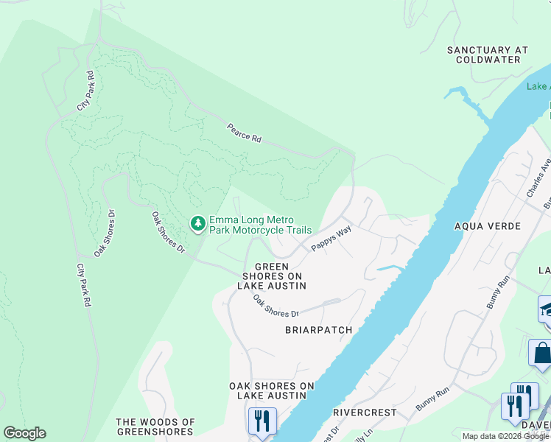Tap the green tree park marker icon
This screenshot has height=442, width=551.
pyautogui.click(x=197, y=223)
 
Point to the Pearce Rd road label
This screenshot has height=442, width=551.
pyautogui.click(x=244, y=133)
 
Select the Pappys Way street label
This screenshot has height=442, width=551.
pyautogui.click(x=331, y=239)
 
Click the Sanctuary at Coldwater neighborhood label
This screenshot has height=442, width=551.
pyautogui.click(x=488, y=55)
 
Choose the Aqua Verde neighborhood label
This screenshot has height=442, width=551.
pyautogui.click(x=488, y=226)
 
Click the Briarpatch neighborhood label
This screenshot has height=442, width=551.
pyautogui.click(x=318, y=330)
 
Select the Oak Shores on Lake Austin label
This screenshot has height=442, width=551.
pyautogui.click(x=272, y=390)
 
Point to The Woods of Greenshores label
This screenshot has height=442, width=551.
pyautogui.click(x=155, y=427)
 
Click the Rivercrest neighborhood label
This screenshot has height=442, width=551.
pyautogui.click(x=365, y=413)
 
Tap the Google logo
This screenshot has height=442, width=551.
pyautogui.click(x=24, y=433)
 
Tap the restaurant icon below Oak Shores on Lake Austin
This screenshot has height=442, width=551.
pyautogui.click(x=262, y=422)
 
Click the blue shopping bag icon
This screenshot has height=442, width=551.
pyautogui.click(x=541, y=352)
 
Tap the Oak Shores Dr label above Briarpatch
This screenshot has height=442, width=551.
pyautogui.click(x=277, y=306)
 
